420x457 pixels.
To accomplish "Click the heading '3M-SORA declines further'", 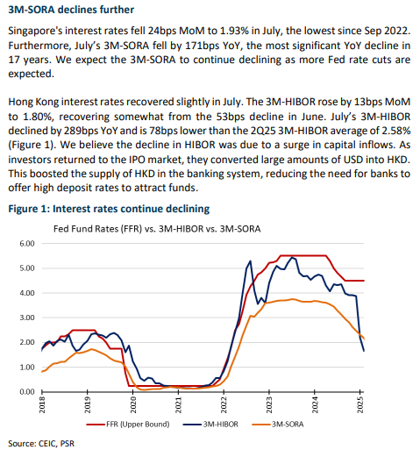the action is tap(71, 10).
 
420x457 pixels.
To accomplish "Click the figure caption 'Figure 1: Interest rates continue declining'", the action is tap(109, 209).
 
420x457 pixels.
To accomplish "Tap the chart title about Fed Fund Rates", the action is tap(157, 229).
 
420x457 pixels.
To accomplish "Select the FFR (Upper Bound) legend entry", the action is tap(128, 424).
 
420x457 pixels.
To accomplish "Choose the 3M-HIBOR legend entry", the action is tap(210, 424).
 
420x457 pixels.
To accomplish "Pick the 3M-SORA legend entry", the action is tap(278, 424).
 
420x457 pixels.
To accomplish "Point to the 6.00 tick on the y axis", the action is tap(27, 243).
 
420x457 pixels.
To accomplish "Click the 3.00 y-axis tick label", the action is tap(27, 318).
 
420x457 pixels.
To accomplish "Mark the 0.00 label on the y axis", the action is tap(27, 392).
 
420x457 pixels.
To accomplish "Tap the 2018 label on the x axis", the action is tap(42, 405).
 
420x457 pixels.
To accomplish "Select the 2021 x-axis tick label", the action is tap(178, 405).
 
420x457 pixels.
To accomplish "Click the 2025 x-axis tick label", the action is tap(360, 405).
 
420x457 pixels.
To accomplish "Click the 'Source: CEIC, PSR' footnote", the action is tap(41, 444).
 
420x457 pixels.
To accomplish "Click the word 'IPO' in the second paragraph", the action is tap(136, 160).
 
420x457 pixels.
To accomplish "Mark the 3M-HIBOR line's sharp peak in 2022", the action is tap(251, 261).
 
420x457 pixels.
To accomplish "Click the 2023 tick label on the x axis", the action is tap(269, 405).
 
